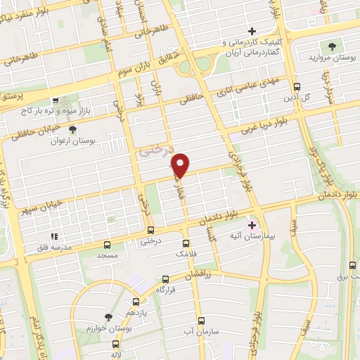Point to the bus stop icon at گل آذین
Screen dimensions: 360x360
click(x=297, y=87)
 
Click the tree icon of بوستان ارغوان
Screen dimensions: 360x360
click(x=72, y=129)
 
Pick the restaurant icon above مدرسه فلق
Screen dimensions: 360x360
click(x=53, y=237)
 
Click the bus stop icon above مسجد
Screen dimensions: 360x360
click(x=107, y=245)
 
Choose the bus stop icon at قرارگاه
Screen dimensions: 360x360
click(x=165, y=279)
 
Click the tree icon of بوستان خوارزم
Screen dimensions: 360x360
click(x=108, y=318)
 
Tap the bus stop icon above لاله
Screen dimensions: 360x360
click(x=115, y=345)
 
